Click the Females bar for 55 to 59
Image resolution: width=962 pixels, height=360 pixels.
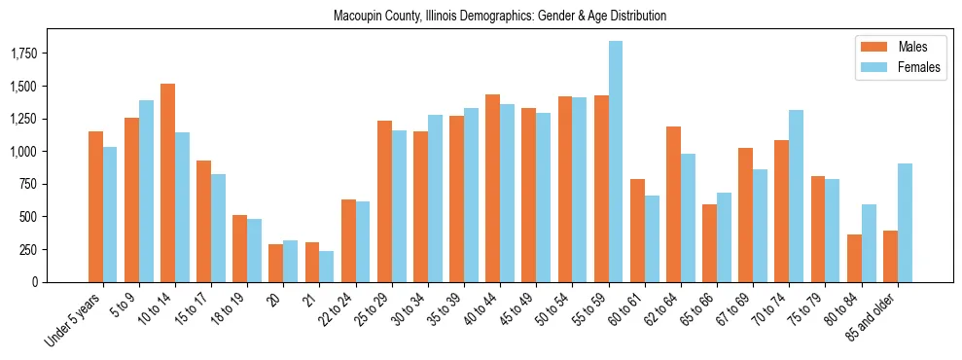point(616,162)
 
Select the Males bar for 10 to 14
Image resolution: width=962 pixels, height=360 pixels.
point(167,183)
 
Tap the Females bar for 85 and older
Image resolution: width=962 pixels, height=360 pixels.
point(905,223)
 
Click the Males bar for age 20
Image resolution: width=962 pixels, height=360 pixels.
point(276,263)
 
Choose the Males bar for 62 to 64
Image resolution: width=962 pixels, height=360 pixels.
point(673,204)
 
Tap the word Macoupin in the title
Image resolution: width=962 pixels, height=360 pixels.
point(357,17)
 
